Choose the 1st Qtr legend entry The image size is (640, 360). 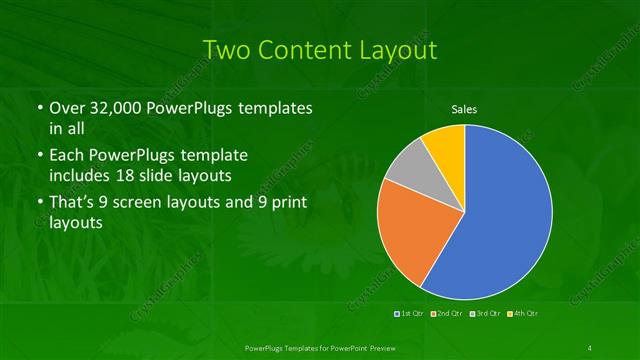(x=410, y=315)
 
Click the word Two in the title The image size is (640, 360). (x=228, y=49)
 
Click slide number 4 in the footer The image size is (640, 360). (x=590, y=347)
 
